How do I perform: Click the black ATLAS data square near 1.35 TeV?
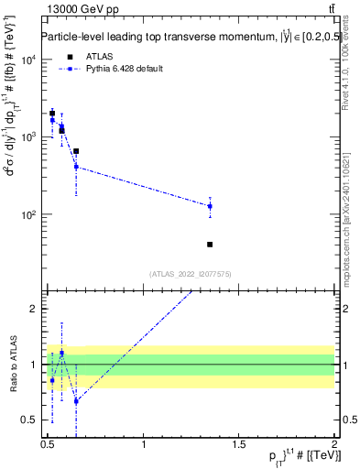(210, 245)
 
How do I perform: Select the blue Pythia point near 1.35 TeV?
(210, 206)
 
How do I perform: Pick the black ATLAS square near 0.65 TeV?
(76, 151)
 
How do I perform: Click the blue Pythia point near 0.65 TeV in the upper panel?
(76, 167)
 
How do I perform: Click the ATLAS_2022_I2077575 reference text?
(191, 273)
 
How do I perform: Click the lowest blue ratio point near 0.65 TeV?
(76, 401)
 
